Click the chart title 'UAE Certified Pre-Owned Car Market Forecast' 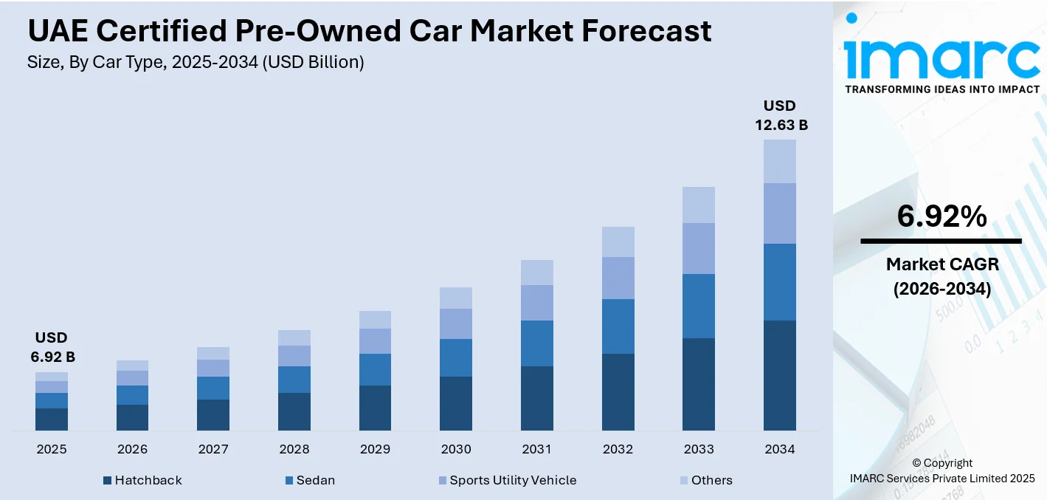click(369, 31)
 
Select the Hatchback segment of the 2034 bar click(779, 375)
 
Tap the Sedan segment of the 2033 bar click(698, 306)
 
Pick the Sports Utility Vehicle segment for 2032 click(618, 278)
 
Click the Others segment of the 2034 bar click(779, 161)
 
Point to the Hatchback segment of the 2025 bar click(52, 419)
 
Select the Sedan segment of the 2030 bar click(456, 357)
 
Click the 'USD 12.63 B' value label click(781, 116)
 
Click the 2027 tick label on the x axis click(213, 449)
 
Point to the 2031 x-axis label click(537, 449)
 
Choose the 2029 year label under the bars click(375, 449)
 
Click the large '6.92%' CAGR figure click(941, 216)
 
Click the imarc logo click(941, 59)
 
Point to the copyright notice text click(941, 470)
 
